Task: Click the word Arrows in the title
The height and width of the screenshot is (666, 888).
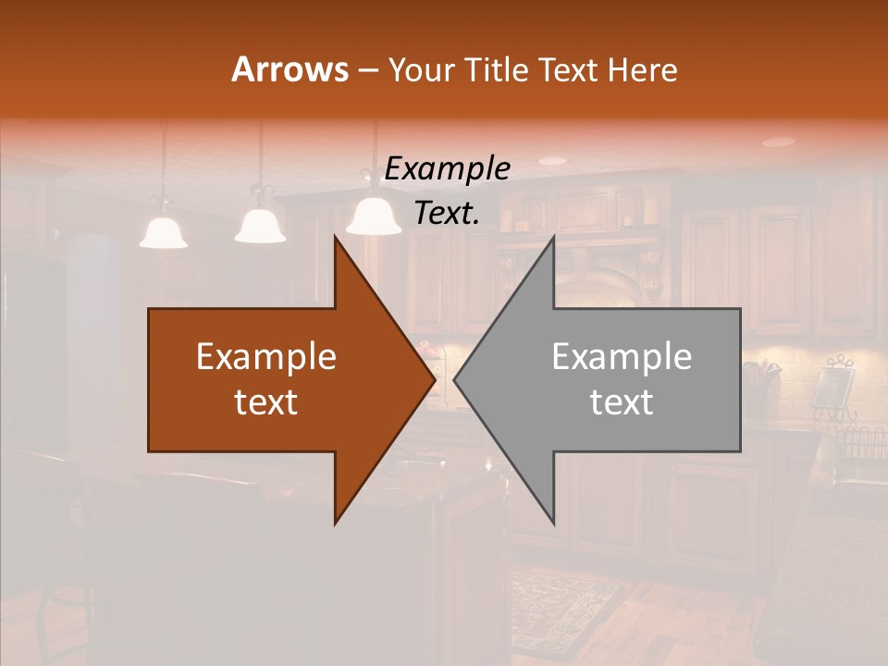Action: coord(290,69)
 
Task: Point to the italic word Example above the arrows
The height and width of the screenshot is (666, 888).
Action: coord(447,168)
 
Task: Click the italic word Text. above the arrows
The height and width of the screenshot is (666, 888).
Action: coord(447,213)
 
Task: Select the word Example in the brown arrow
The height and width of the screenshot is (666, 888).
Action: coord(265,356)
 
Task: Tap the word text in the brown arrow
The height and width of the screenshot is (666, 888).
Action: coord(265,401)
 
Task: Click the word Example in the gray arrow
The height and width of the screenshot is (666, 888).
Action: coord(622,356)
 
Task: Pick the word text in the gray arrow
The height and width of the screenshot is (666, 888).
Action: coord(622,401)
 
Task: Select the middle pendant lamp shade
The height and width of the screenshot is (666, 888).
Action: coord(260,225)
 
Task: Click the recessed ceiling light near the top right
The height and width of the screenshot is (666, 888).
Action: coord(778,142)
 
